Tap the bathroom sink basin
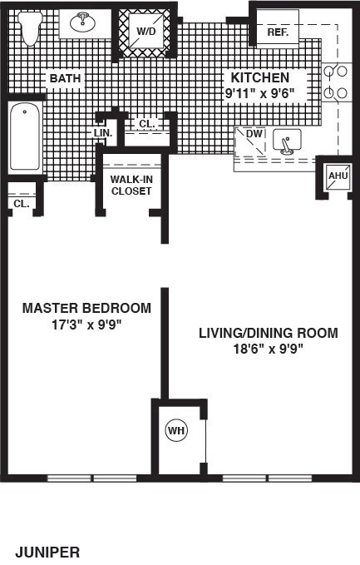point(83,22)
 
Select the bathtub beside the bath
point(25,136)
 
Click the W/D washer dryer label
point(146,32)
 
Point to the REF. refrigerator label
point(278,32)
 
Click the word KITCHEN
point(260,77)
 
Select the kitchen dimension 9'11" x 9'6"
point(260,94)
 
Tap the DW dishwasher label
point(254,134)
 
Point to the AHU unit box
point(338,176)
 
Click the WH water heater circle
point(176,430)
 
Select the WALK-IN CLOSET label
point(131,186)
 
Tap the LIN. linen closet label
point(103,133)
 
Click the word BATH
point(65,78)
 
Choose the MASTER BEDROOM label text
point(86,308)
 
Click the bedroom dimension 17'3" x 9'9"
point(86,325)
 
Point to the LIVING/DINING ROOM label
point(269,333)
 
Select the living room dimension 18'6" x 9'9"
point(269,349)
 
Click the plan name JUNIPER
point(47,552)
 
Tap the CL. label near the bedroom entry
point(22,204)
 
